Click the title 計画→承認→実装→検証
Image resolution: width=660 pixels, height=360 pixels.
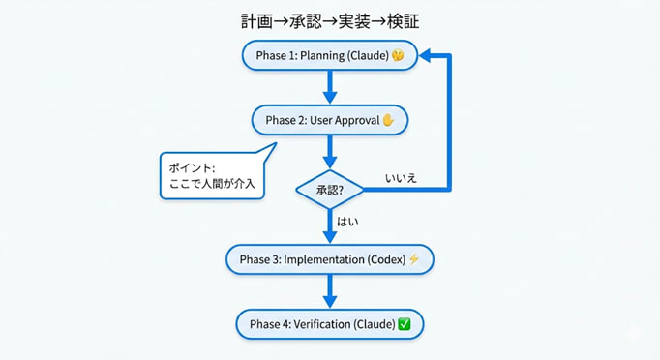pyautogui.click(x=330, y=20)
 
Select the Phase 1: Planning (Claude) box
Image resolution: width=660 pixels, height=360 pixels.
pyautogui.click(x=329, y=56)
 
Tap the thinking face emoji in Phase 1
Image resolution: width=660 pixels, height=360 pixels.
pyautogui.click(x=397, y=57)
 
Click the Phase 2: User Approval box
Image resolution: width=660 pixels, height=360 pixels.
pyautogui.click(x=329, y=121)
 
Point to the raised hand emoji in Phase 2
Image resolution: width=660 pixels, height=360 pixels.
pyautogui.click(x=389, y=121)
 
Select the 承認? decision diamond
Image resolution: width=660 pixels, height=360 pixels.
pyautogui.click(x=330, y=189)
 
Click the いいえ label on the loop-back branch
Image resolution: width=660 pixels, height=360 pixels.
pyautogui.click(x=401, y=178)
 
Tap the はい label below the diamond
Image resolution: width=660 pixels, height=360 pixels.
pyautogui.click(x=347, y=222)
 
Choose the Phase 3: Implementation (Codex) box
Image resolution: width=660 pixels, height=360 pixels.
pyautogui.click(x=329, y=259)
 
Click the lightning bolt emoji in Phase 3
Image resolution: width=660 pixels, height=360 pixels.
pyautogui.click(x=414, y=259)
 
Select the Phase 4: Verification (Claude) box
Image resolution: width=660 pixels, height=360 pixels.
pyautogui.click(x=329, y=323)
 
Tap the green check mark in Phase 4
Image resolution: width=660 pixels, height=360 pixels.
pyautogui.click(x=405, y=323)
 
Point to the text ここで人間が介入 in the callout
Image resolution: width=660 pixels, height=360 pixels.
pyautogui.click(x=212, y=185)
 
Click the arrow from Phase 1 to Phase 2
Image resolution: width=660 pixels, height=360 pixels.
pyautogui.click(x=330, y=88)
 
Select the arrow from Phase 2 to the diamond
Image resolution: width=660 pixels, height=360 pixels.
pyautogui.click(x=330, y=151)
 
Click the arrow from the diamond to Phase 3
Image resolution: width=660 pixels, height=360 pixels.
pyautogui.click(x=330, y=226)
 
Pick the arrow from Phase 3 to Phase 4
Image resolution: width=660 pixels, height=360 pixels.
pyautogui.click(x=330, y=290)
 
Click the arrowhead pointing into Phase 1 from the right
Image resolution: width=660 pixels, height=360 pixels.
pyautogui.click(x=427, y=57)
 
